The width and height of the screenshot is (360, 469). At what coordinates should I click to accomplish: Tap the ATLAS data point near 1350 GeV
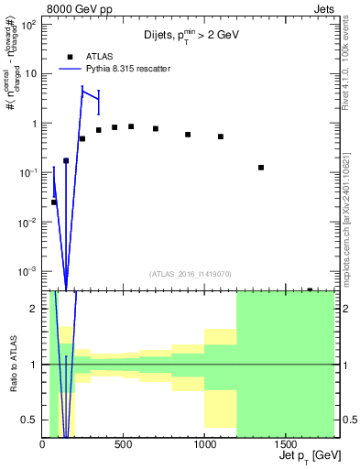click(x=262, y=168)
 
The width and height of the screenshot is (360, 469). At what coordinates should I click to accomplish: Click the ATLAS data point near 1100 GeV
click(x=221, y=136)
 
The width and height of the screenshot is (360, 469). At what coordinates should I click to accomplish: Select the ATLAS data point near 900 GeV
click(x=188, y=135)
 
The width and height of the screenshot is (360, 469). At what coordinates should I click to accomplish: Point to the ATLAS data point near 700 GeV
click(x=156, y=128)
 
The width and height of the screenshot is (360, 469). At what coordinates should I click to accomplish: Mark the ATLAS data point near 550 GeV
click(x=131, y=126)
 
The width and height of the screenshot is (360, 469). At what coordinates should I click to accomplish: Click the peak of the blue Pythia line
click(x=82, y=90)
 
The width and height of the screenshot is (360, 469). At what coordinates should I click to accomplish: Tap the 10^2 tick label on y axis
click(x=29, y=25)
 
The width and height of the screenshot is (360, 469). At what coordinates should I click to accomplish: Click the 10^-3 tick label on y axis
click(x=29, y=271)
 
